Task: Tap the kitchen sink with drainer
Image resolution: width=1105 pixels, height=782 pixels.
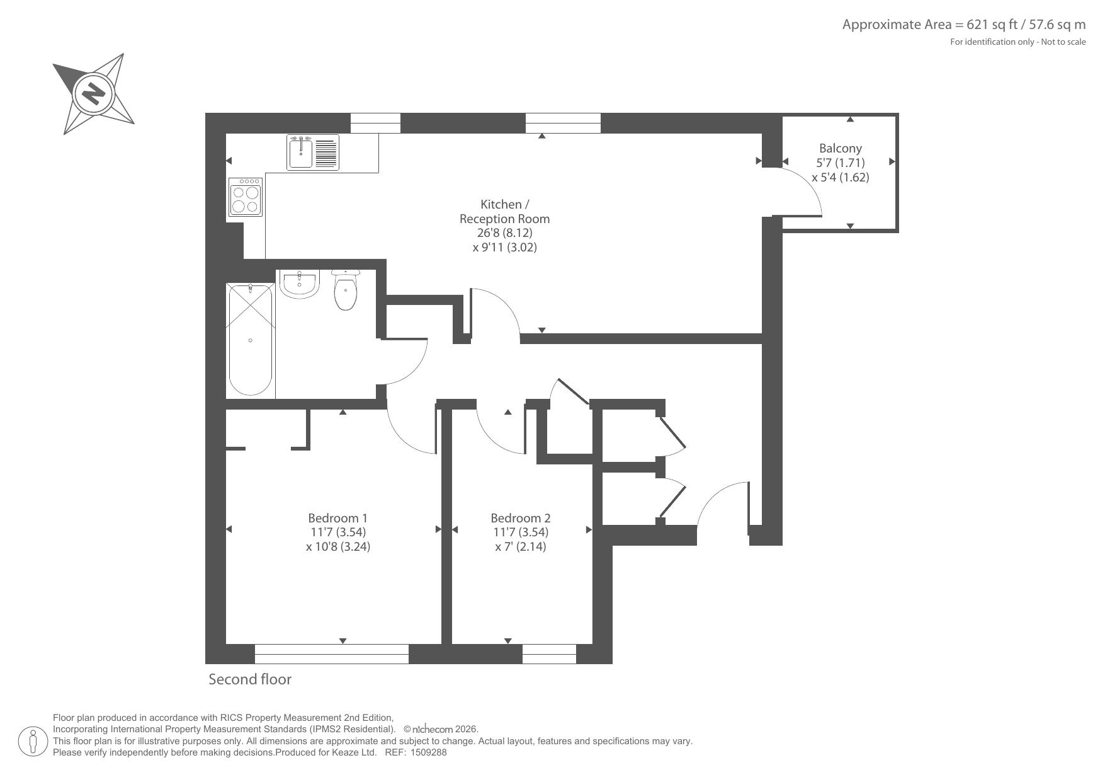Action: [313, 152]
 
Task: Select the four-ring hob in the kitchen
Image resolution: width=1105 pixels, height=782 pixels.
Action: [246, 197]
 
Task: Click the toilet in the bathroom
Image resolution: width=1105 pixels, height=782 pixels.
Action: [345, 290]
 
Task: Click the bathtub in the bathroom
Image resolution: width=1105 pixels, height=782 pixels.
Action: [251, 340]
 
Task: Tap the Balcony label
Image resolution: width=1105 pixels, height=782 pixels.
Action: [840, 148]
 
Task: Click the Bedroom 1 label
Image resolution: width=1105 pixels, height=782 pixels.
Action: [337, 518]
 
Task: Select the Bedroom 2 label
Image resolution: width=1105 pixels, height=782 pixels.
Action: [521, 518]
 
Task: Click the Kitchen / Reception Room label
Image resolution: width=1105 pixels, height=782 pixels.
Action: [504, 211]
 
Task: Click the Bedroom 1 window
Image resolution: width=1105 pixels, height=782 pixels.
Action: [332, 653]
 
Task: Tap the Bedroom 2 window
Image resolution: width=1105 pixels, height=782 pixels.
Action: [549, 653]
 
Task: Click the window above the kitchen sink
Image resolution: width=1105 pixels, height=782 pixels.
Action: [375, 123]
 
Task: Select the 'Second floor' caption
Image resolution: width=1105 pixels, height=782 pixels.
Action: [250, 679]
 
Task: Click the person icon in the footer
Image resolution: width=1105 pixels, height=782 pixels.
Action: [33, 741]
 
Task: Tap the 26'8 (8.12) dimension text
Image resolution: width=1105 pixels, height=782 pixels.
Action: [504, 233]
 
